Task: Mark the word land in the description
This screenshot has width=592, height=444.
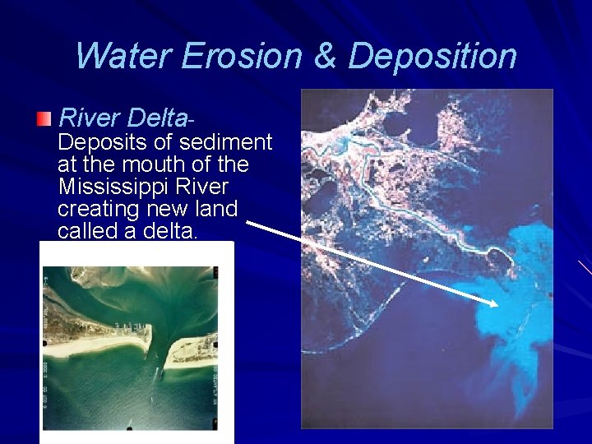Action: pos(215,209)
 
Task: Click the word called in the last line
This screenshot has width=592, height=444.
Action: pos(88,231)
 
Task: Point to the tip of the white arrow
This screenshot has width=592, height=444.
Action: pos(497,305)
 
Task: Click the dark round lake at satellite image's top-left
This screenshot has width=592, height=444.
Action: pos(395,123)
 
